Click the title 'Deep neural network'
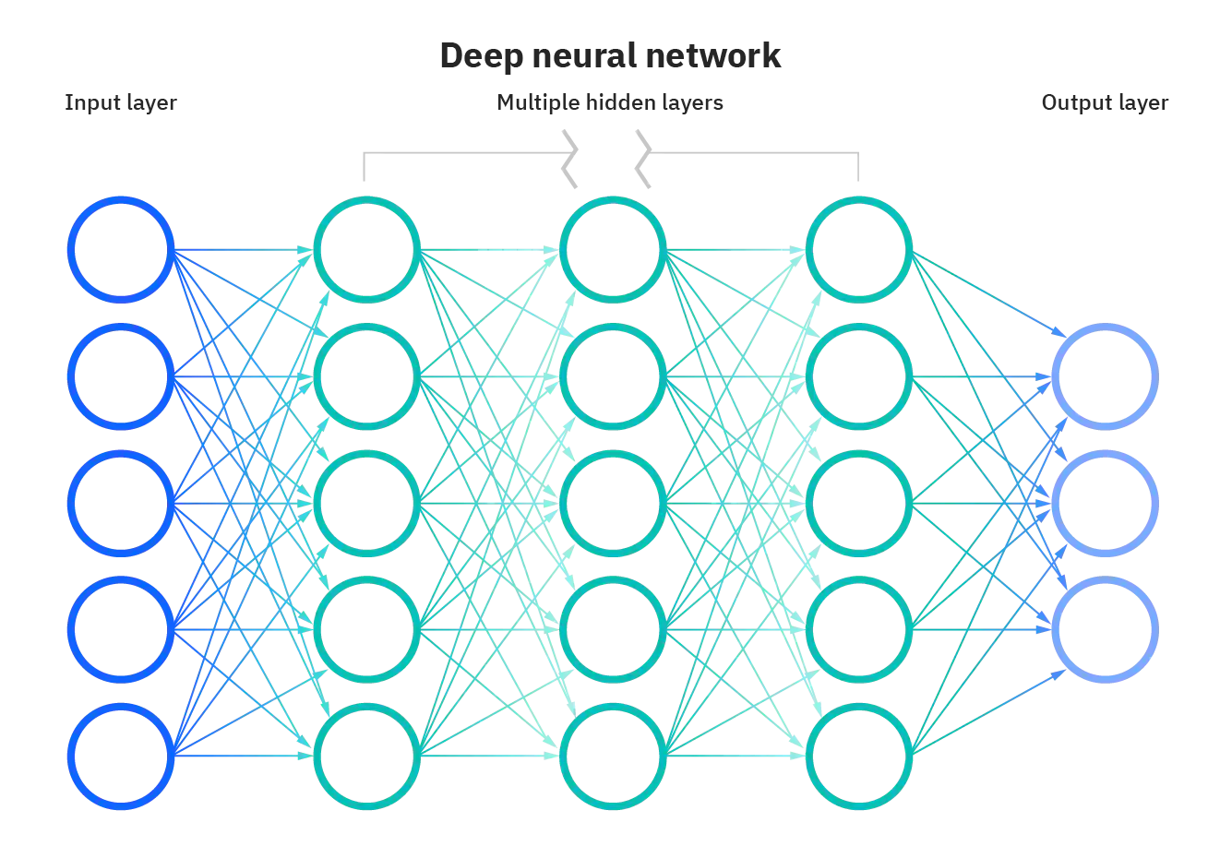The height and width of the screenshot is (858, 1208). click(x=610, y=55)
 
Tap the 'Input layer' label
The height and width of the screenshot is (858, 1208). click(x=120, y=102)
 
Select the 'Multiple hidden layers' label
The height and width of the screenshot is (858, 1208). click(x=610, y=102)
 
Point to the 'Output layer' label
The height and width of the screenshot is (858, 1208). click(x=1105, y=102)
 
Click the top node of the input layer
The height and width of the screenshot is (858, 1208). click(x=121, y=249)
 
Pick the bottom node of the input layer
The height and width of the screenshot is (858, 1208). click(x=121, y=757)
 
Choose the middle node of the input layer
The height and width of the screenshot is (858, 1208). click(x=121, y=503)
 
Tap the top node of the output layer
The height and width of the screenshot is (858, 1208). click(x=1106, y=376)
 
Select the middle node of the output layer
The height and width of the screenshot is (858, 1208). click(x=1106, y=503)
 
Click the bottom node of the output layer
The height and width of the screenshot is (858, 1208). click(x=1106, y=630)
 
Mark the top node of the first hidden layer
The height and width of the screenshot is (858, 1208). click(x=367, y=249)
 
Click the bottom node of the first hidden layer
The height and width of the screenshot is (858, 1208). click(x=367, y=757)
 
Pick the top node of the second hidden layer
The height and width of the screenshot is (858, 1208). click(x=613, y=249)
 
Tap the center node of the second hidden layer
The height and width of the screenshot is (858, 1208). click(x=613, y=503)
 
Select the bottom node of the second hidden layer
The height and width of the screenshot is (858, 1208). click(x=613, y=757)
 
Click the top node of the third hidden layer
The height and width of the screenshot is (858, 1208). click(x=859, y=249)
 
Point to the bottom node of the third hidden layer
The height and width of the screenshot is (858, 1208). click(x=859, y=757)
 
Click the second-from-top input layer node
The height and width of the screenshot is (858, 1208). click(x=121, y=376)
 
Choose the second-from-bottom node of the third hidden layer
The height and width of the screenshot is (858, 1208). click(x=859, y=630)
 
